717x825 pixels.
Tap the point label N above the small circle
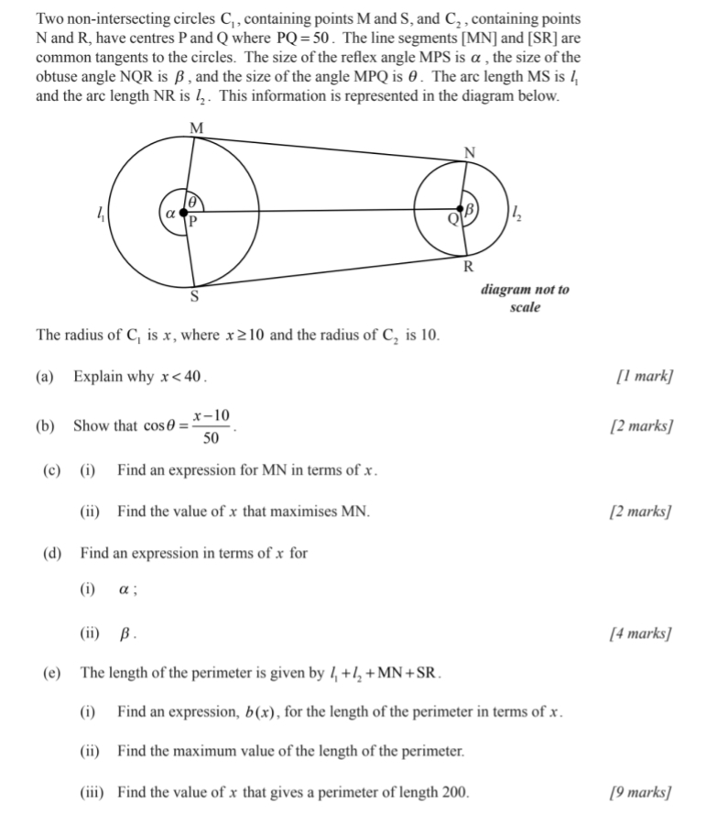[470, 152]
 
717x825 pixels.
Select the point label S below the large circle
[193, 296]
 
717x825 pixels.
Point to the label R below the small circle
[468, 268]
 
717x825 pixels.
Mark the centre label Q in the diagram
[452, 220]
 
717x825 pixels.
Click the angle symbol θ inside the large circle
[192, 201]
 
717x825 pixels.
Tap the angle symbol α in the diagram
[170, 212]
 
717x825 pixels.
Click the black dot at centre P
[183, 212]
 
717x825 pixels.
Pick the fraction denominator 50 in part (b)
[211, 438]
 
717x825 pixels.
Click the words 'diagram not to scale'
[525, 298]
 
